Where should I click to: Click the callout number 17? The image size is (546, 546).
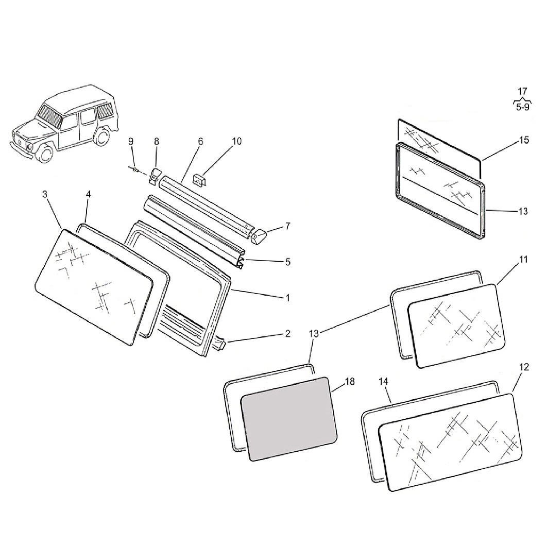coord(522,92)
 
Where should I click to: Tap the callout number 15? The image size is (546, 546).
coord(524,140)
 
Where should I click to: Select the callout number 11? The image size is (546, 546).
coord(523,260)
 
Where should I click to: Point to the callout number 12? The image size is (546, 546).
coord(524,367)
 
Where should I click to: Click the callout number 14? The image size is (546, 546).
coord(383,382)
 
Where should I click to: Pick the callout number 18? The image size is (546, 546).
coord(349,382)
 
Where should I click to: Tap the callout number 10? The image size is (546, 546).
coord(237,141)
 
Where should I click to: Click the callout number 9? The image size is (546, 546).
coord(131,141)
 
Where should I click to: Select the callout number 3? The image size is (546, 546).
coord(45,194)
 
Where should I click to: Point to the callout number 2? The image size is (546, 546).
coord(287,334)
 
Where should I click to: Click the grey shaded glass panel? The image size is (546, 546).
coord(289,419)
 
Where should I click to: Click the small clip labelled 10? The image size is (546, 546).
coord(199,180)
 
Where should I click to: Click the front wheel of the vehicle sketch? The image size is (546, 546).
coord(45,152)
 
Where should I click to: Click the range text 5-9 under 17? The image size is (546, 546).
coord(523,107)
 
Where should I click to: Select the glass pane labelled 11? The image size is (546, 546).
coord(456,326)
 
